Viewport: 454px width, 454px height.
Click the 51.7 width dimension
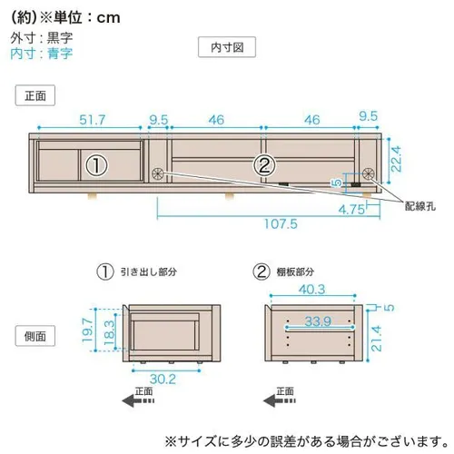[x=93, y=120]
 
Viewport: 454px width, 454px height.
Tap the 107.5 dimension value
[x=281, y=224]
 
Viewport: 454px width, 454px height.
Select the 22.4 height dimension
[x=396, y=159]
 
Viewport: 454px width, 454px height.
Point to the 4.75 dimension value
[x=351, y=209]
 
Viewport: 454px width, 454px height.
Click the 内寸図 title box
[x=227, y=47]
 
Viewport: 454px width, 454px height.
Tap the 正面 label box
[x=35, y=95]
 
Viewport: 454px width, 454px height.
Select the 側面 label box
[x=35, y=336]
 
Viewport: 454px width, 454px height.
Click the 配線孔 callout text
[x=420, y=206]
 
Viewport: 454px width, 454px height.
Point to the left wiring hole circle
[x=158, y=173]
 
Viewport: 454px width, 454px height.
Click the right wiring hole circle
[x=369, y=173]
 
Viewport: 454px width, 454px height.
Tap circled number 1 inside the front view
[x=96, y=165]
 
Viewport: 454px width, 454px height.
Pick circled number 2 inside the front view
[x=264, y=165]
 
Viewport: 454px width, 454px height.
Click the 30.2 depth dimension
[x=163, y=380]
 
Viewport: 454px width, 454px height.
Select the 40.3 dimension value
[x=312, y=290]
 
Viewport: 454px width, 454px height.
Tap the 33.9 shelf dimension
[x=318, y=321]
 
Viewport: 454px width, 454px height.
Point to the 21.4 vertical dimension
[x=376, y=339]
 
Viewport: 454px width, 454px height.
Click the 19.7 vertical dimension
[x=87, y=330]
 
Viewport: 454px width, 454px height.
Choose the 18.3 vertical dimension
[x=110, y=333]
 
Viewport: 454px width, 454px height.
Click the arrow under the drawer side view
[x=138, y=401]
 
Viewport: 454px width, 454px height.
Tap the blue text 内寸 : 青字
[x=42, y=54]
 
